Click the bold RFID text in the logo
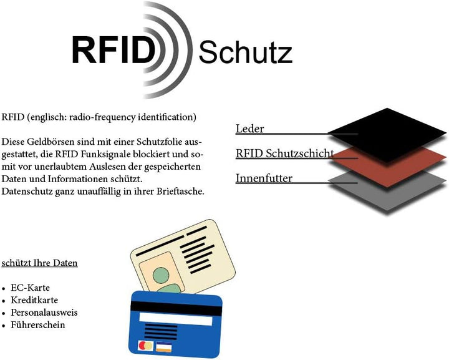[x=113, y=50]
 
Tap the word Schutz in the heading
[x=246, y=52]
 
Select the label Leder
[x=249, y=129]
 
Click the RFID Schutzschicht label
[x=284, y=153]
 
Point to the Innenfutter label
[x=264, y=178]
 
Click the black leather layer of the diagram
[x=387, y=135]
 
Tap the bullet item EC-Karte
[x=30, y=288]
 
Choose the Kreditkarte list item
[x=34, y=300]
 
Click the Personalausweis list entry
[x=44, y=313]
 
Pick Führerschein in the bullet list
[x=38, y=325]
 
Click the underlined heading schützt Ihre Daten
[x=39, y=263]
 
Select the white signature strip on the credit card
[x=175, y=319]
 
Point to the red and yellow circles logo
[x=146, y=346]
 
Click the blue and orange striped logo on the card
[x=164, y=346]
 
